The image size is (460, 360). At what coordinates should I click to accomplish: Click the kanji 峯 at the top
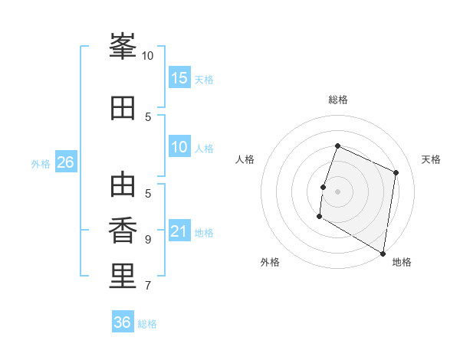[x=123, y=46]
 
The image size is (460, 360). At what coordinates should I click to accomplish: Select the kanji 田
[x=123, y=108]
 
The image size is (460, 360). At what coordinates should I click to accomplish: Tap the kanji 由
[x=123, y=184]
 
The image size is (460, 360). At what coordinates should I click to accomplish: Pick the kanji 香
[x=123, y=230]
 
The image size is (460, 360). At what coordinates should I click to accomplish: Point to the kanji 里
[x=123, y=276]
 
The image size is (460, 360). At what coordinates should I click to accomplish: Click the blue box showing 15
[x=179, y=77]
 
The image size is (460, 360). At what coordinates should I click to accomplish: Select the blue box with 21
[x=179, y=230]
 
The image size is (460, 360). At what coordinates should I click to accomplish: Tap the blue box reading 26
[x=66, y=162]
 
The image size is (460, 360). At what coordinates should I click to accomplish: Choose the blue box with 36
[x=123, y=321]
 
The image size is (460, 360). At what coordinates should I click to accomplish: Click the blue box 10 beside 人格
[x=179, y=146]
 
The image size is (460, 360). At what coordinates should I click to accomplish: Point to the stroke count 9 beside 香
[x=148, y=240]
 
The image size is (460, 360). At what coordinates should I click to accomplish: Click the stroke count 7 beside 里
[x=148, y=285]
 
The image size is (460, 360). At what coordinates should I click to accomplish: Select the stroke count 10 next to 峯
[x=147, y=56]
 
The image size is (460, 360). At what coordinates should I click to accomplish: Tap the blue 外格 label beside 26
[x=41, y=164]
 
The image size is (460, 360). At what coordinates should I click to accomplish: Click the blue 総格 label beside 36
[x=147, y=324]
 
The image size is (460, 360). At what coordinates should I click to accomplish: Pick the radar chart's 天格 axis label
[x=431, y=159]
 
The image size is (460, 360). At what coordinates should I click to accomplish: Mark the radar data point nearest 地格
[x=383, y=254]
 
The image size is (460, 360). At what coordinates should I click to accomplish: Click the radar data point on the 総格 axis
[x=337, y=146]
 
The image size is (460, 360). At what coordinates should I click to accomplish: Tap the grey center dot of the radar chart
[x=337, y=191]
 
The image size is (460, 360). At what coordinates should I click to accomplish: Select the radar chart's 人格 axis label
[x=245, y=159]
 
